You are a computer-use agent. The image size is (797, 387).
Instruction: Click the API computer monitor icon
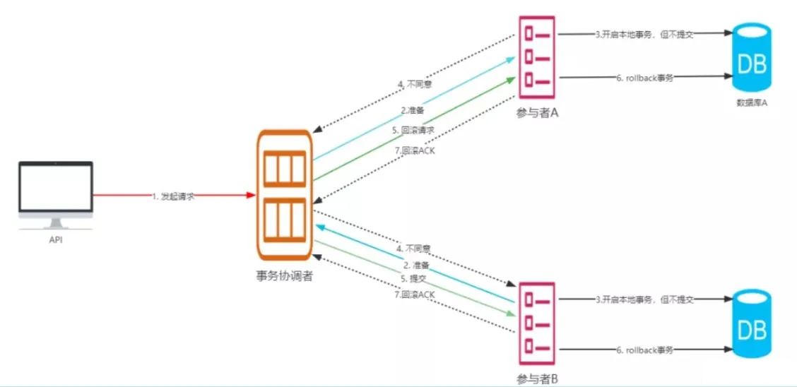click(x=56, y=191)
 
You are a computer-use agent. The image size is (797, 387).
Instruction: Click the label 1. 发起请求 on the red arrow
click(x=174, y=196)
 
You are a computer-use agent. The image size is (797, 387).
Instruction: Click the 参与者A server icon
click(x=537, y=59)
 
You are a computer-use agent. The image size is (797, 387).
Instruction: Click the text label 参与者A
click(x=538, y=112)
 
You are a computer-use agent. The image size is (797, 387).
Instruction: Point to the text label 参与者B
click(x=538, y=379)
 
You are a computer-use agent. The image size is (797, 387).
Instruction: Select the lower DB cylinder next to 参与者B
click(x=752, y=325)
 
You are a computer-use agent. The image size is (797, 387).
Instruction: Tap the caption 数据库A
click(x=752, y=103)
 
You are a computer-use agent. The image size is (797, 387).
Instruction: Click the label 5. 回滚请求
click(x=413, y=131)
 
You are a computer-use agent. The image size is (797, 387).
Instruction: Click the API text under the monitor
click(x=56, y=241)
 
